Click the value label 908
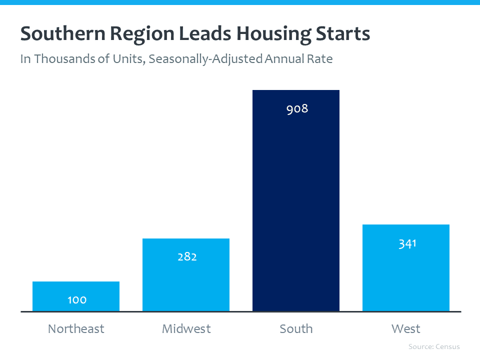297,108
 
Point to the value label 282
187,257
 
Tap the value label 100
77,300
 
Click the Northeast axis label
76,329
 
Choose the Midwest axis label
186,329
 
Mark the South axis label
296,329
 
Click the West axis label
406,329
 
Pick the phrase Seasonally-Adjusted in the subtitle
205,59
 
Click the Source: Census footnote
434,346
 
